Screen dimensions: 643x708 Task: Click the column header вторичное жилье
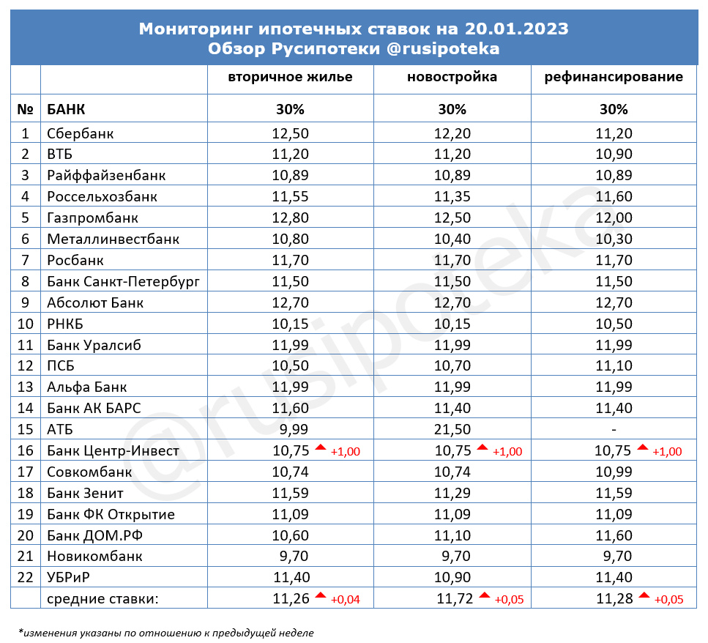coord(290,77)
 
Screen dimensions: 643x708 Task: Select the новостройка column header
coord(452,77)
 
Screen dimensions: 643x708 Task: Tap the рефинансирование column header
coord(614,77)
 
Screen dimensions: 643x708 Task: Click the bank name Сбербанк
coord(80,133)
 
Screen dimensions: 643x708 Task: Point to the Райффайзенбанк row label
coord(106,176)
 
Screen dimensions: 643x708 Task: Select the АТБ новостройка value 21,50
coord(452,429)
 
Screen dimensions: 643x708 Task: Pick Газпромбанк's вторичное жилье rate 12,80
coord(290,218)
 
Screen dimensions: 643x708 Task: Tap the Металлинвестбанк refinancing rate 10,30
coord(614,239)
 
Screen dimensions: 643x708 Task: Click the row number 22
coord(26,577)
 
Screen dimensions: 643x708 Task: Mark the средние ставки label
coord(102,599)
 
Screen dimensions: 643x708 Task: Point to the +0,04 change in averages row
coord(345,600)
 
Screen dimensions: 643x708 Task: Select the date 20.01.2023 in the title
coord(515,29)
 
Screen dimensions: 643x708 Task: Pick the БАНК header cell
coord(65,110)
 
